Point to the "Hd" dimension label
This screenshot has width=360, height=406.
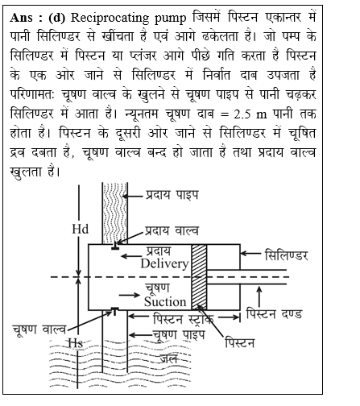80,229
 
